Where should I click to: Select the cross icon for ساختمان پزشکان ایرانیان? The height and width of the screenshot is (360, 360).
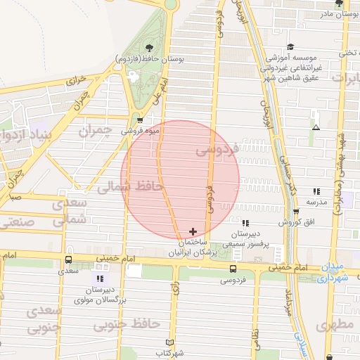tap(193, 231)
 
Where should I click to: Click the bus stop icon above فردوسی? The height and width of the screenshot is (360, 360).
tap(233, 269)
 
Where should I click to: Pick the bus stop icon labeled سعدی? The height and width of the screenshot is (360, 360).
tap(68, 259)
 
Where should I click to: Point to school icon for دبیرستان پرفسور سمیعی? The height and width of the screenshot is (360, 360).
tap(245, 223)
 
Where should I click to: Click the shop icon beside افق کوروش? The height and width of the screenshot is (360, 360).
tap(296, 211)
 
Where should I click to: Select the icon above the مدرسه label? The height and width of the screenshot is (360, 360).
tap(316, 191)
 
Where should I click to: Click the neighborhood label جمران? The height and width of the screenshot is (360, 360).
tap(95, 131)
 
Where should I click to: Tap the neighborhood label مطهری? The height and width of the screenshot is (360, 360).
tap(335, 326)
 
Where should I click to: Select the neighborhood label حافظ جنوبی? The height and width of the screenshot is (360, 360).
tap(127, 323)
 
